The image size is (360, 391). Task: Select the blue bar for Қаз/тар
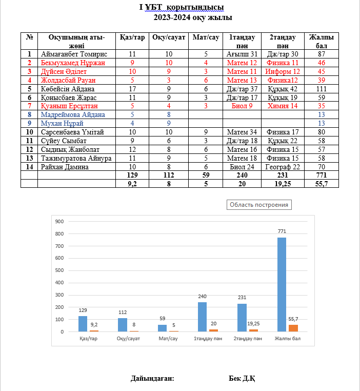[x=83, y=323]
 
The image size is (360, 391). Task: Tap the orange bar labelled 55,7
[x=293, y=328]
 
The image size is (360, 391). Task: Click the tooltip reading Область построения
[x=259, y=205]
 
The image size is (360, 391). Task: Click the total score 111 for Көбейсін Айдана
[x=322, y=89]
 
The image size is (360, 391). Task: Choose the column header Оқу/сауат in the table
[x=169, y=37]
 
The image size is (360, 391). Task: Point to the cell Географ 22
[x=283, y=167]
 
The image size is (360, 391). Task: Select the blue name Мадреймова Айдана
[x=73, y=114]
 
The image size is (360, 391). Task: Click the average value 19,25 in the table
[x=283, y=184]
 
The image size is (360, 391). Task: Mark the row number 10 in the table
[x=29, y=132]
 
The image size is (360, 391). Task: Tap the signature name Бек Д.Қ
[x=242, y=379]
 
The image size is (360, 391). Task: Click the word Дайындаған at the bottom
[x=153, y=379]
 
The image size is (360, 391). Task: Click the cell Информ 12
[x=283, y=71]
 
